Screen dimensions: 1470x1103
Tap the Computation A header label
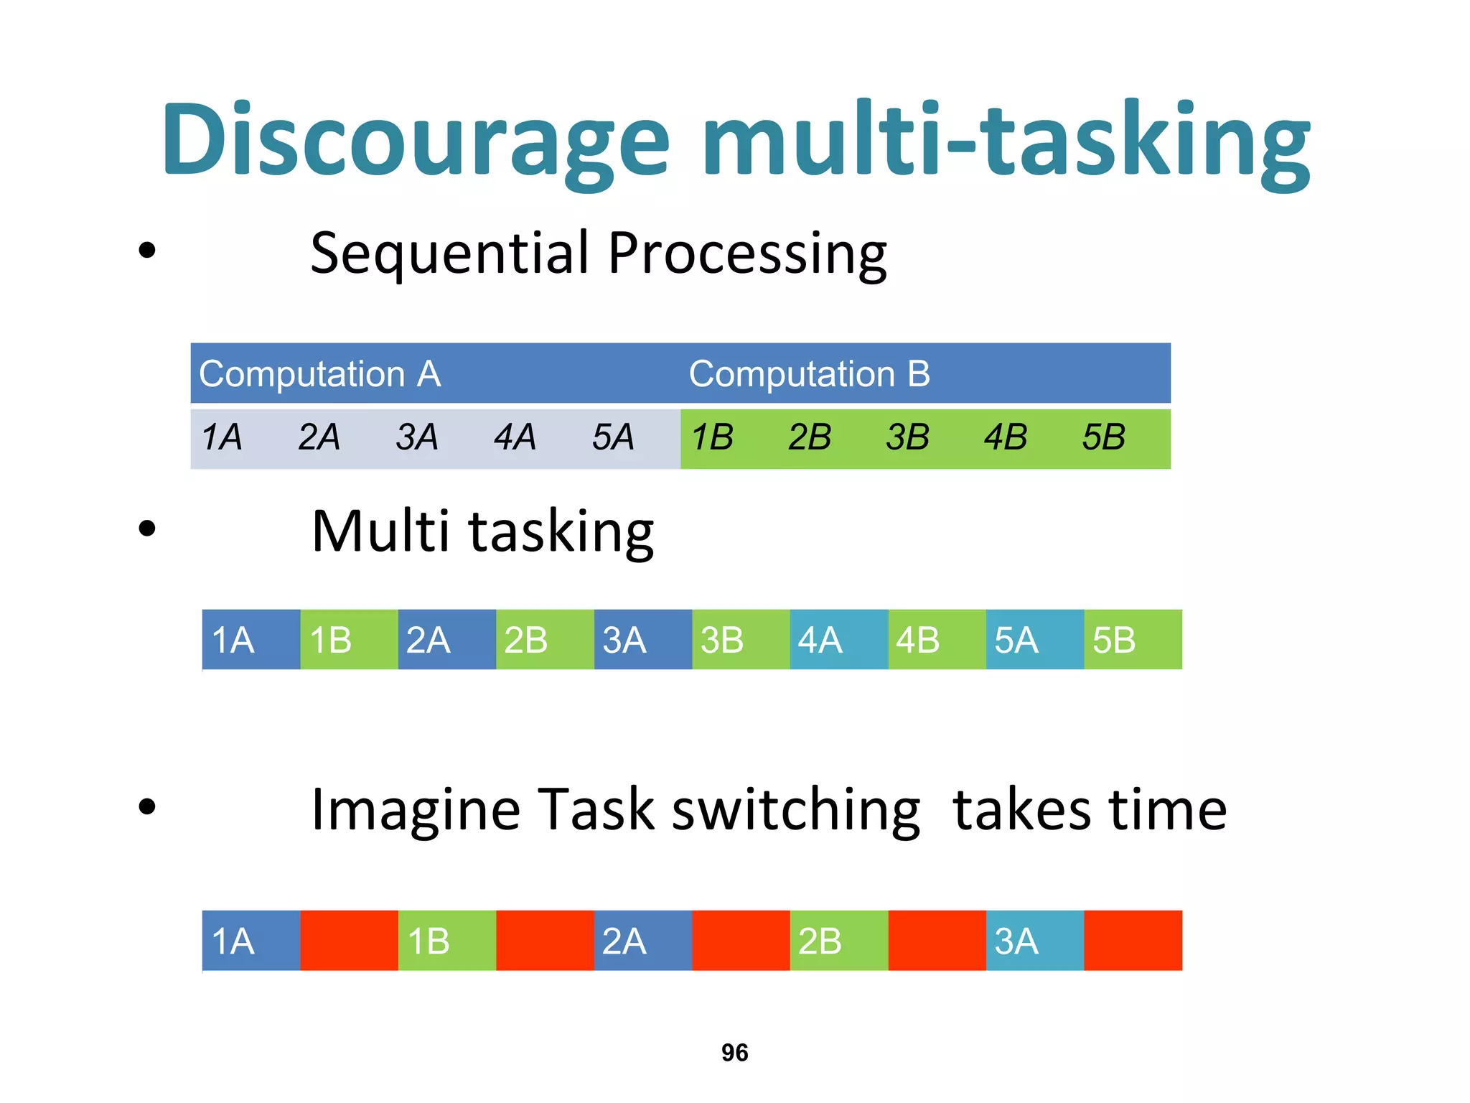coord(319,374)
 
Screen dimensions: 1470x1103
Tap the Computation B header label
coord(809,374)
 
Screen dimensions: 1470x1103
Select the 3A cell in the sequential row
coord(417,437)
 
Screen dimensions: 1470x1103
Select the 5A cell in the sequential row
coord(613,437)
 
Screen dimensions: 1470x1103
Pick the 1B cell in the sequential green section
coord(712,437)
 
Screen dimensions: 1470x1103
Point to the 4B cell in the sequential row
coord(1005,437)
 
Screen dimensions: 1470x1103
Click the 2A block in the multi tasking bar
coord(446,640)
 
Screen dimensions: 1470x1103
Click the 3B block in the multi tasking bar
coord(741,640)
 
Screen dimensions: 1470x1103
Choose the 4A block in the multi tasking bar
coord(838,640)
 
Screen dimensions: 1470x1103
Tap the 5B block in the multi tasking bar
coord(1133,640)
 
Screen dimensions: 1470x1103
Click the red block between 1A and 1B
coord(349,941)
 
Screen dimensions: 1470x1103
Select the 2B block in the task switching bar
coord(838,941)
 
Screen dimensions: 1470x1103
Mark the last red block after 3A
coord(1133,941)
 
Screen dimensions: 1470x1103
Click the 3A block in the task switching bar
coord(1034,941)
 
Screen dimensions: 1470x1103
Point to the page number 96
coord(734,1053)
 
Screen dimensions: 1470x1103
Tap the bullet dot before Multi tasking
coord(147,529)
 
